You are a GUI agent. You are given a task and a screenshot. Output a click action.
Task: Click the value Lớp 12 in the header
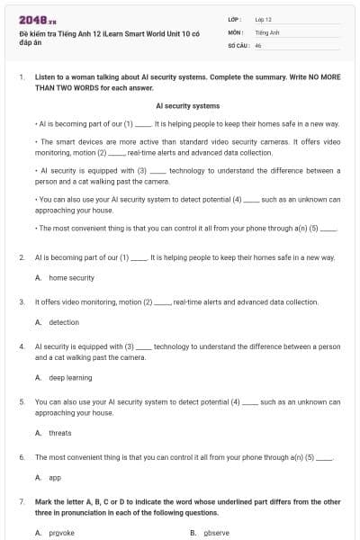click(264, 19)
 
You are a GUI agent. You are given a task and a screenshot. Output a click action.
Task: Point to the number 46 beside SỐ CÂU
click(258, 44)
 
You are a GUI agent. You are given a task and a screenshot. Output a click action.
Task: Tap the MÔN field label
click(237, 31)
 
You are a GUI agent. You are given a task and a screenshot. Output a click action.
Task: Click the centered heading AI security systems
click(187, 105)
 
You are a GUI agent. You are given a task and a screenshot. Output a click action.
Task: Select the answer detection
click(64, 322)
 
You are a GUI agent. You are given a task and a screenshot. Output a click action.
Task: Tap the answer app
click(55, 477)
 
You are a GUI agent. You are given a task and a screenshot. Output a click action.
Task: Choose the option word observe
click(217, 533)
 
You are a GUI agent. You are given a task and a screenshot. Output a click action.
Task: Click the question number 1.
click(22, 78)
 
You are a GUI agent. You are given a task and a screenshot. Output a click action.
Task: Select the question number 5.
click(22, 401)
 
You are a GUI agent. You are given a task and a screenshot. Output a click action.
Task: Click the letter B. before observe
click(193, 533)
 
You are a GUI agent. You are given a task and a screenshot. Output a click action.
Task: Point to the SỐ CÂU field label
click(238, 44)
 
